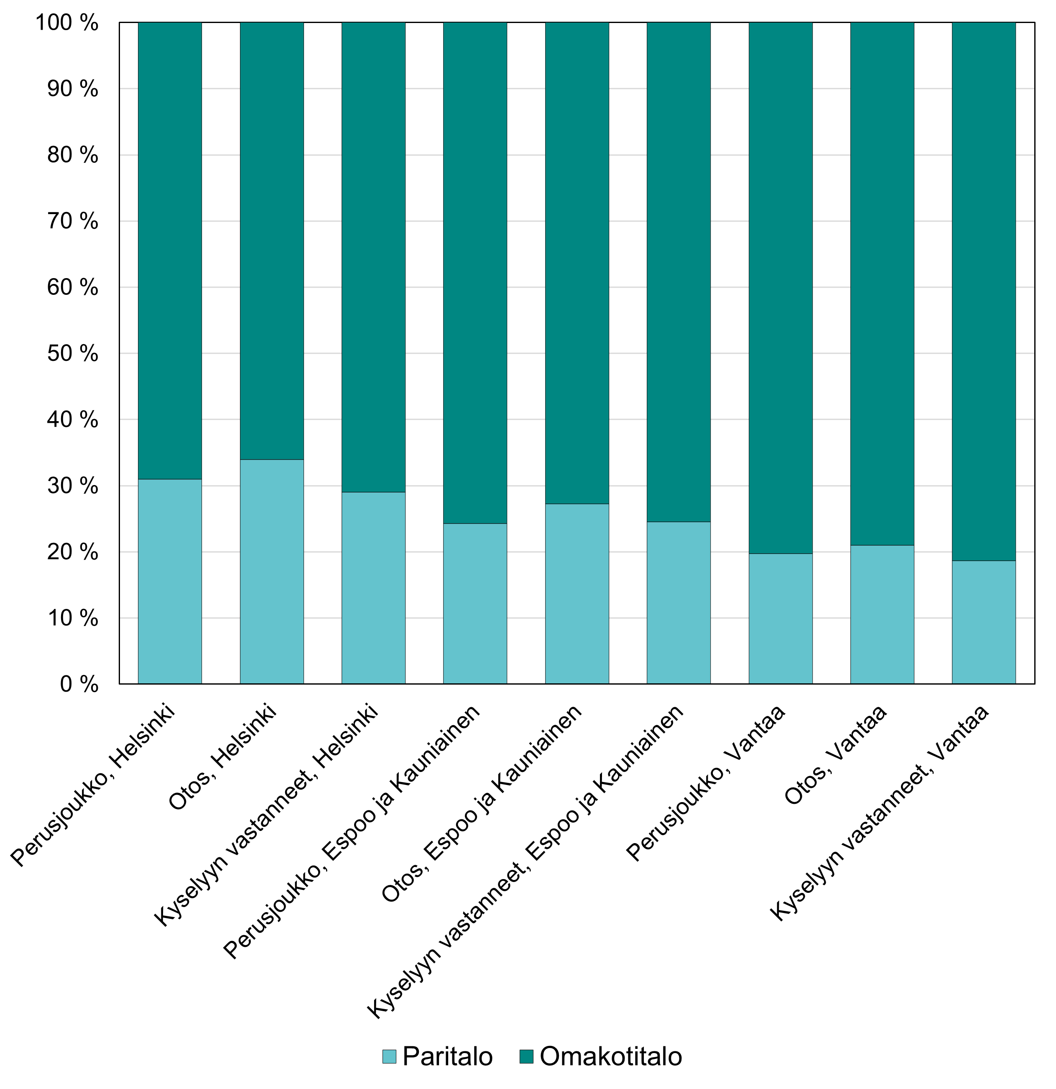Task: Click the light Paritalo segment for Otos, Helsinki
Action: tap(272, 571)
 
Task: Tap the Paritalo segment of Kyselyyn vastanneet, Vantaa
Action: tap(984, 622)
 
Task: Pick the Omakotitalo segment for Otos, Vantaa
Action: tap(882, 284)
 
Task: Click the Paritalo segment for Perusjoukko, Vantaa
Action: tap(781, 619)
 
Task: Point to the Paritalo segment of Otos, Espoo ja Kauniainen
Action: tap(576, 593)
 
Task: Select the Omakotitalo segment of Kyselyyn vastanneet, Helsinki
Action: tap(373, 257)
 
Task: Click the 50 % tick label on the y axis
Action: tap(72, 353)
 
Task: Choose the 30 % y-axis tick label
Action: tap(72, 486)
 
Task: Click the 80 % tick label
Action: tap(72, 155)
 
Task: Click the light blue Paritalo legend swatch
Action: tap(389, 1056)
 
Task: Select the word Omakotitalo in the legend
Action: tap(610, 1056)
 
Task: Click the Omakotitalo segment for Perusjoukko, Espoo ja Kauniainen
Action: tap(475, 272)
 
